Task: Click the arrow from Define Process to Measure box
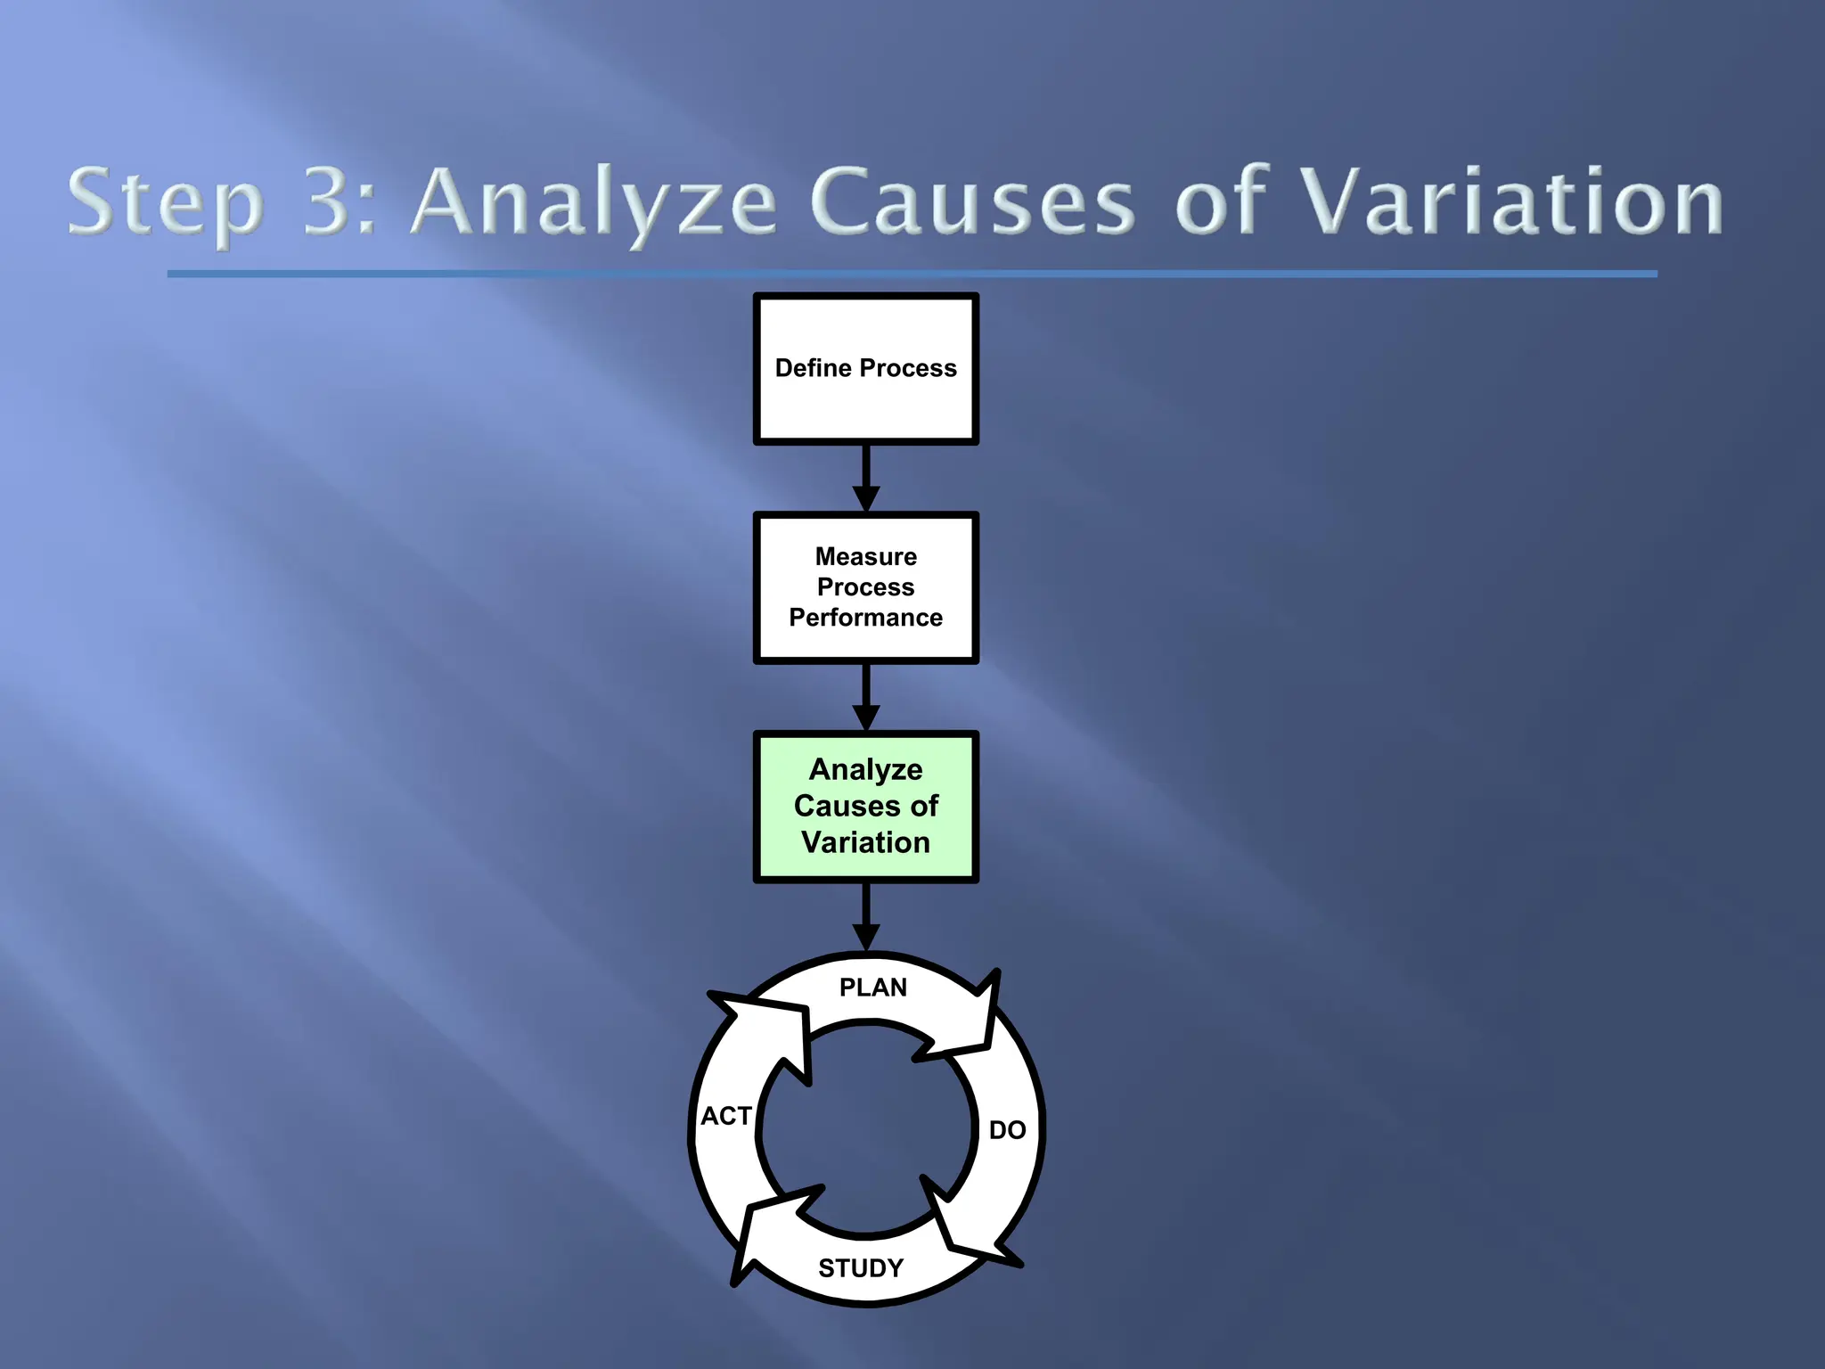pos(866,478)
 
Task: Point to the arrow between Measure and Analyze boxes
pos(866,697)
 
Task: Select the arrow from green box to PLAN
pos(866,916)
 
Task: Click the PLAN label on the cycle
pos(873,988)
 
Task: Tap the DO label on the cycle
pos(1007,1130)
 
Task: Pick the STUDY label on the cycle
pos(861,1267)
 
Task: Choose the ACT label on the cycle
pos(726,1116)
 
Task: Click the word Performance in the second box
pos(866,618)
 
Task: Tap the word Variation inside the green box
pos(866,842)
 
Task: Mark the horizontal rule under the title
pos(912,274)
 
